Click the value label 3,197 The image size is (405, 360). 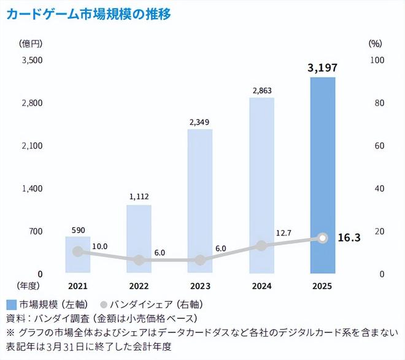click(x=323, y=67)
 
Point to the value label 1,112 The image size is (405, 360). click(x=139, y=197)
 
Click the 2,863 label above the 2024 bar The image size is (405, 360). click(x=261, y=90)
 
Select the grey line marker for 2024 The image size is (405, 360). click(x=261, y=245)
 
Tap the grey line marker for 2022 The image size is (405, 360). click(x=139, y=260)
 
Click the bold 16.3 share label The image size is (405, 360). click(x=349, y=237)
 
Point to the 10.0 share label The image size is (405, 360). click(x=99, y=247)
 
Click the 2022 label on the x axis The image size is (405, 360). click(x=139, y=286)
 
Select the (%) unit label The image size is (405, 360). click(x=376, y=44)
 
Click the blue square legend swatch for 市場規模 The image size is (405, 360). click(x=10, y=304)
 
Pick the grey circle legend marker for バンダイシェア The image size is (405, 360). click(x=103, y=304)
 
